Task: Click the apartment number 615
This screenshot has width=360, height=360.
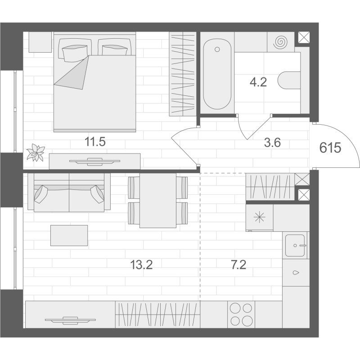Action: pyautogui.click(x=330, y=148)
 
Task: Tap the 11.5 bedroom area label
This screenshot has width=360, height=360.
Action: pyautogui.click(x=95, y=142)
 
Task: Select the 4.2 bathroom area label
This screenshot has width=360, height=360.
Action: pyautogui.click(x=258, y=82)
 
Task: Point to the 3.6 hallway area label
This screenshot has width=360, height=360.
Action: pyautogui.click(x=272, y=143)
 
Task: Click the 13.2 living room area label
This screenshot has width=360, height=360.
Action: pyautogui.click(x=141, y=265)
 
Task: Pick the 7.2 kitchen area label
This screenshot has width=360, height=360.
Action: pyautogui.click(x=238, y=265)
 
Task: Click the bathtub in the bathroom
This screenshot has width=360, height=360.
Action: pyautogui.click(x=217, y=73)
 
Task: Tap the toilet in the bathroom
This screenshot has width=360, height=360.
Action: pyautogui.click(x=289, y=80)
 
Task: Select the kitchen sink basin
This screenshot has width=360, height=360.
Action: pyautogui.click(x=296, y=245)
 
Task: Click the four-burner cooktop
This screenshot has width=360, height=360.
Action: pyautogui.click(x=241, y=314)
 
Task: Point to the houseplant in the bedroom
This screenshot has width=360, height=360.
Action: pyautogui.click(x=36, y=152)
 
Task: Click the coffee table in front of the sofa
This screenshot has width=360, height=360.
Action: pyautogui.click(x=69, y=235)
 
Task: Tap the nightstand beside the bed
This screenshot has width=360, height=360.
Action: pyautogui.click(x=40, y=42)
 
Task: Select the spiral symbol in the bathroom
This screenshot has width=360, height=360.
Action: pyautogui.click(x=280, y=42)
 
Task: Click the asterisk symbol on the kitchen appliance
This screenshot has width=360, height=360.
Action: pyautogui.click(x=260, y=217)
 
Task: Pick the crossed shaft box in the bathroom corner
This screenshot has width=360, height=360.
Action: pyautogui.click(x=304, y=37)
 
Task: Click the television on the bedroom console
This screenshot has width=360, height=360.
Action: pyautogui.click(x=94, y=162)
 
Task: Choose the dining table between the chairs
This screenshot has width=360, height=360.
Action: pyautogui.click(x=158, y=200)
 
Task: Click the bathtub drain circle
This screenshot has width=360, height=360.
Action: pyautogui.click(x=217, y=49)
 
